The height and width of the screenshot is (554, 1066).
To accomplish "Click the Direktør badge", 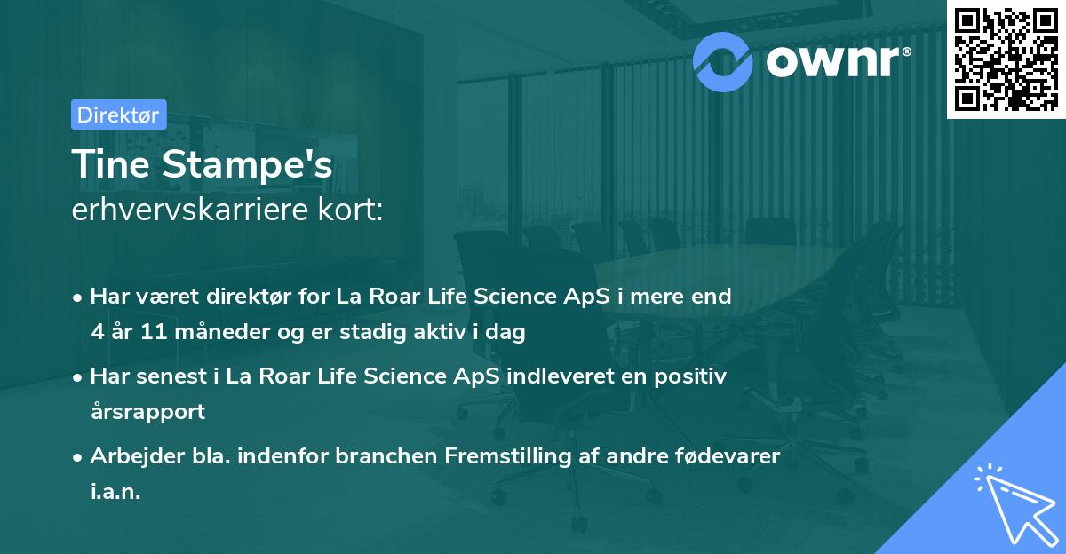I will [118, 115].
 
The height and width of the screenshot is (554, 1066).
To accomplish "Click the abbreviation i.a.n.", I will [115, 491].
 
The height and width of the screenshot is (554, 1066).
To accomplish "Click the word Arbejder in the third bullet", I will [131, 456].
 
